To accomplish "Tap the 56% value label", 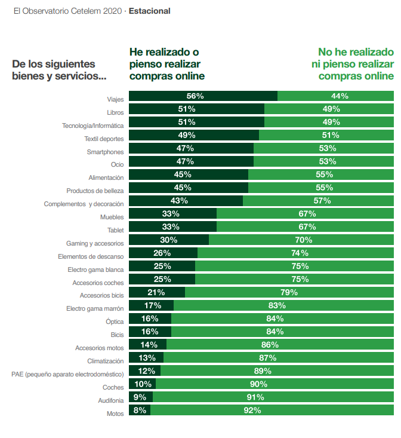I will [x=195, y=96].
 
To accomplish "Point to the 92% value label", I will [x=252, y=411].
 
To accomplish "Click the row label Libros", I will [x=115, y=112].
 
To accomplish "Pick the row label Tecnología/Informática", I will [x=92, y=125].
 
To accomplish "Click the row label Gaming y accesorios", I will [x=95, y=243].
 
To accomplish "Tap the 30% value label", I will [x=169, y=240].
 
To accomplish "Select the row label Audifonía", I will [x=110, y=400].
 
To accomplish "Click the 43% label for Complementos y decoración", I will [x=180, y=201].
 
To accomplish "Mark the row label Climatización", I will [x=105, y=361].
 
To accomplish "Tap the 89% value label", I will [x=262, y=371].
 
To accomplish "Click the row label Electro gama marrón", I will [x=95, y=309].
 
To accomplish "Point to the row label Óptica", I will [x=114, y=321].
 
